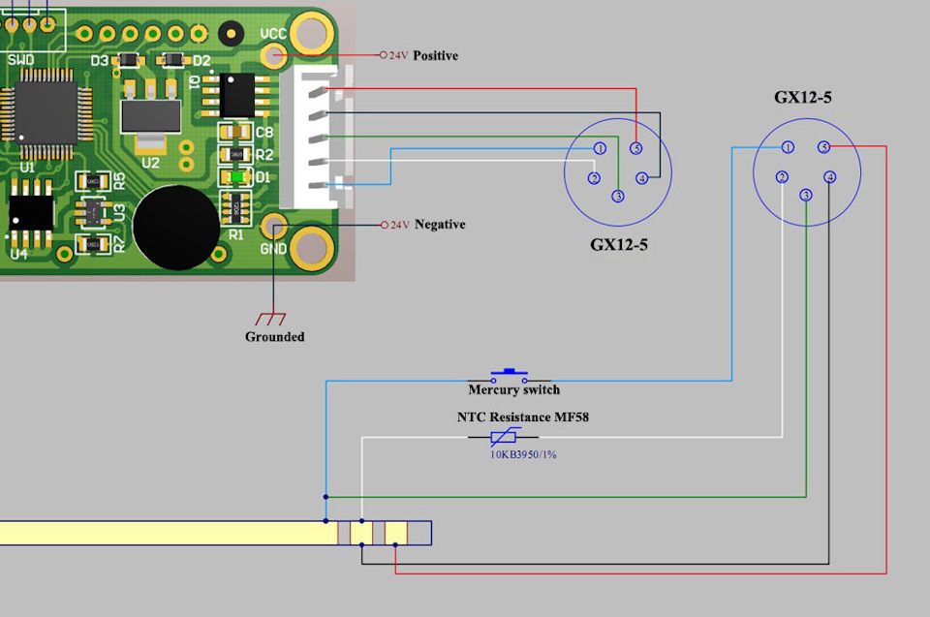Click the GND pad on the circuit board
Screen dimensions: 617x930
[x=276, y=229]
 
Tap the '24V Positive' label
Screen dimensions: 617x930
[x=423, y=56]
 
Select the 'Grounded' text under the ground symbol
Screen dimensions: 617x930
[x=274, y=337]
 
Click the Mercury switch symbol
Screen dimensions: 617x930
[x=509, y=375]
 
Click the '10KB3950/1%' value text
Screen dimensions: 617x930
[x=523, y=453]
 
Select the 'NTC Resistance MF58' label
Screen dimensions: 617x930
[x=523, y=417]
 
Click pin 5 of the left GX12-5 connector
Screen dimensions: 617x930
[x=635, y=148]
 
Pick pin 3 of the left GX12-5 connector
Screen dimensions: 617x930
[x=618, y=197]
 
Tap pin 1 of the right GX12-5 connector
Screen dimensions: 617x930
[x=788, y=147]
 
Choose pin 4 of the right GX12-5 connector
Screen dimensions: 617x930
[x=829, y=177]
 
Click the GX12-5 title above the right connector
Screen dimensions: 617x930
[x=803, y=98]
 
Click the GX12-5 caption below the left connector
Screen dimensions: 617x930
[x=619, y=245]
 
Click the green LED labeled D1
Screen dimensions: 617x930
[x=234, y=177]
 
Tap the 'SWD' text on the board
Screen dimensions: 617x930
[x=20, y=60]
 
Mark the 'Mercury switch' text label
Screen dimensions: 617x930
[x=513, y=390]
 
